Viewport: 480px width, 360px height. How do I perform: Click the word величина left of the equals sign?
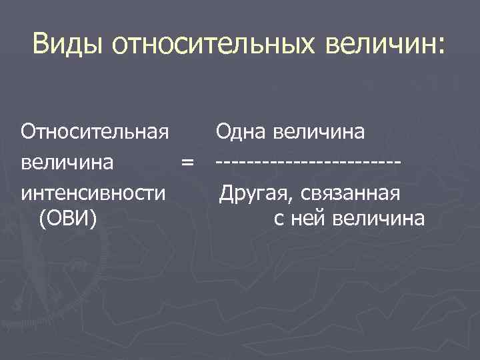pos(67,162)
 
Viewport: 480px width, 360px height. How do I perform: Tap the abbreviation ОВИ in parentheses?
pos(69,217)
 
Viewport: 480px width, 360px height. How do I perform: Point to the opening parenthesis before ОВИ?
pos(43,218)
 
